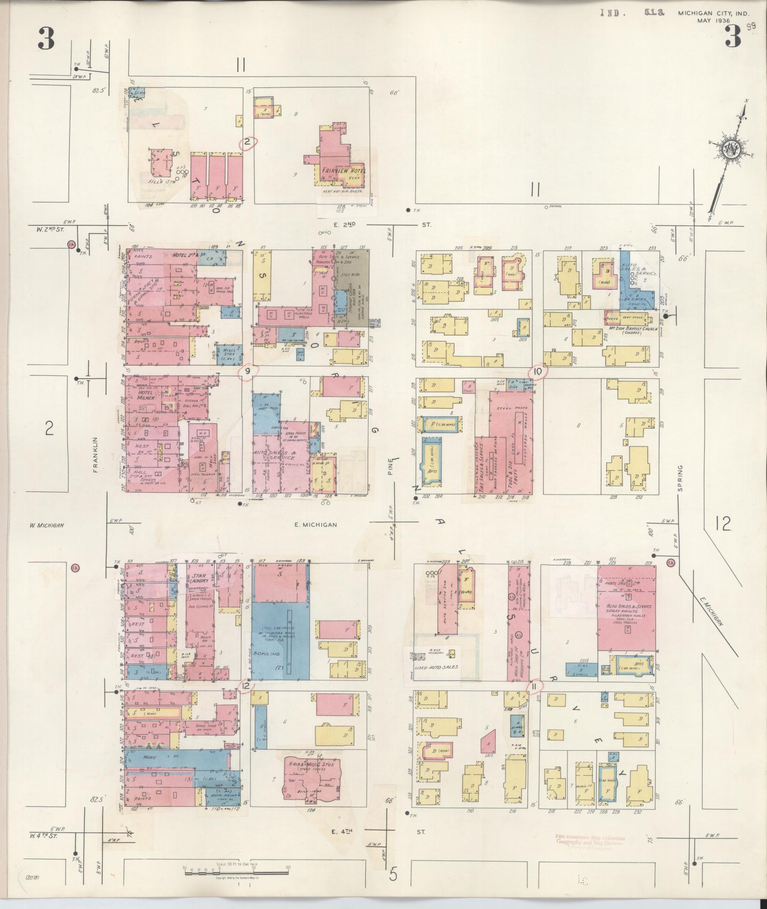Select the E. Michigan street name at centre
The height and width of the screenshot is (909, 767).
[315, 525]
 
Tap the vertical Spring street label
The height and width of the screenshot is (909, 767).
[680, 478]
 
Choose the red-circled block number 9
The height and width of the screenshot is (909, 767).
[248, 372]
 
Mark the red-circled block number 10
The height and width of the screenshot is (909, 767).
[538, 372]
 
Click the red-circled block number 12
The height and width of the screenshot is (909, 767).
[246, 685]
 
